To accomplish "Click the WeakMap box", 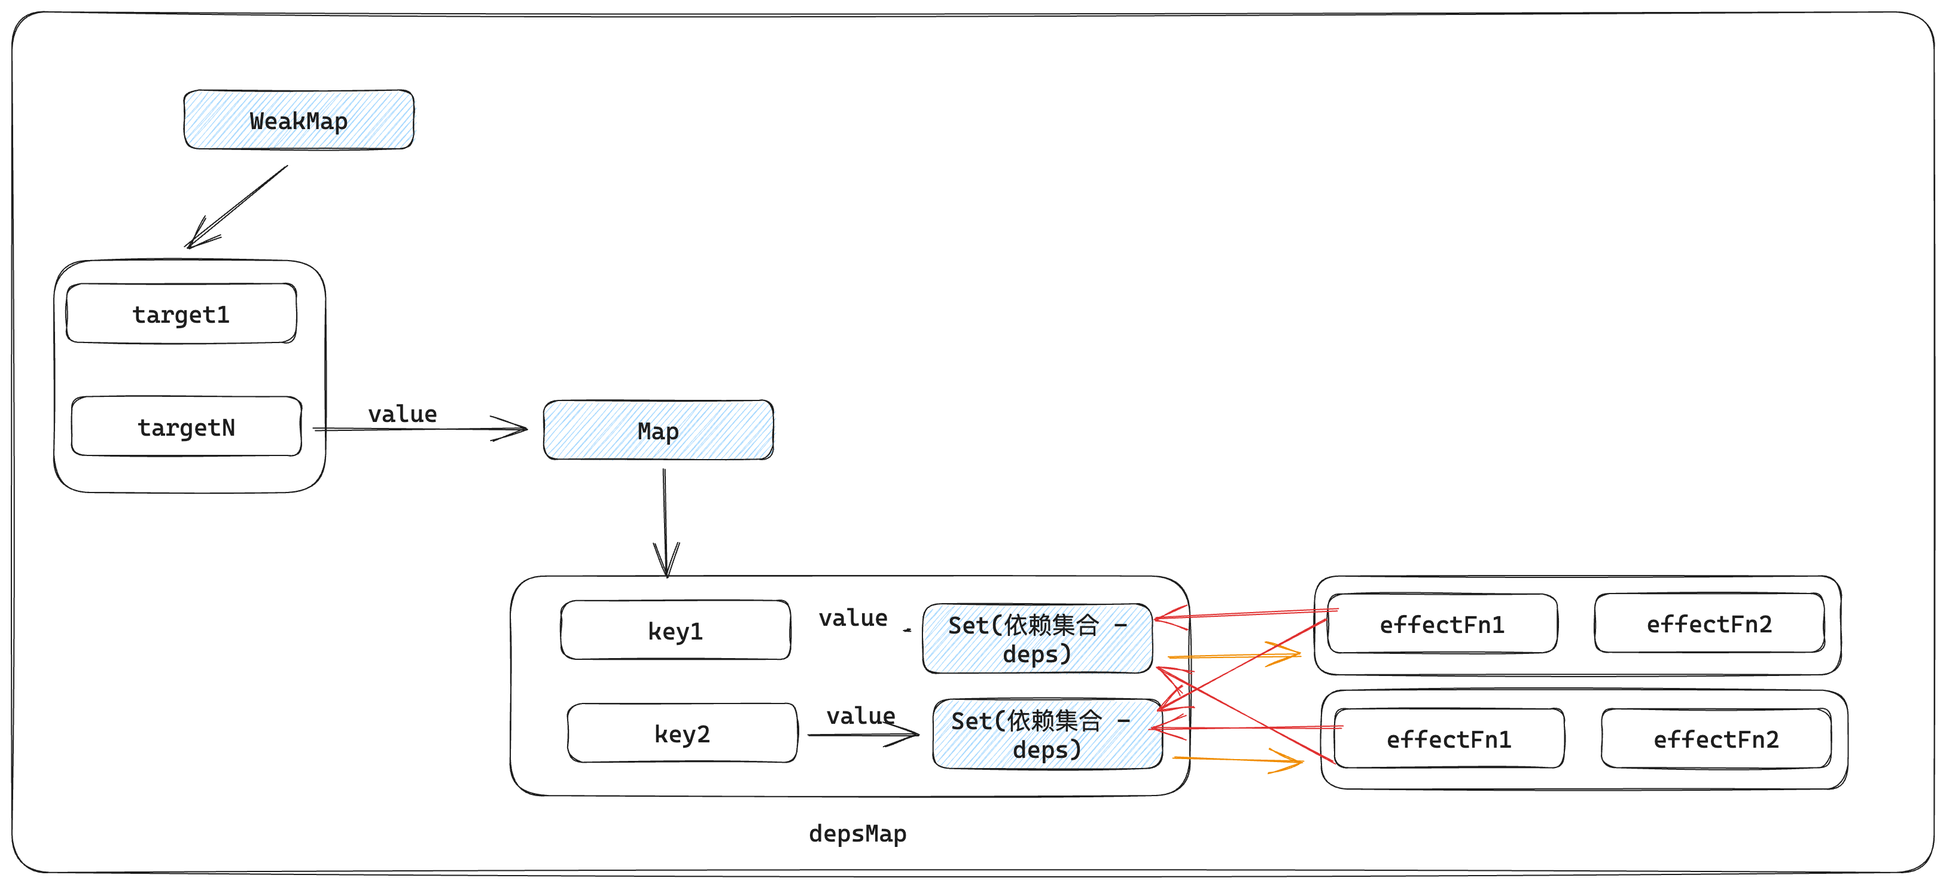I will click(x=299, y=120).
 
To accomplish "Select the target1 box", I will click(x=181, y=313).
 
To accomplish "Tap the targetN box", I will click(x=186, y=427).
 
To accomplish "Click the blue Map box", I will click(x=658, y=430).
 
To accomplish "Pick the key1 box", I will click(x=675, y=631).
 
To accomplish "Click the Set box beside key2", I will click(x=1046, y=735).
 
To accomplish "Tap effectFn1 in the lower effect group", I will click(x=1448, y=739).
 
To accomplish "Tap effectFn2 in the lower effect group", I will click(x=1716, y=739).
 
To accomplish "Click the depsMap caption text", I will click(x=857, y=833).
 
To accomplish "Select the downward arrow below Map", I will click(x=665, y=521).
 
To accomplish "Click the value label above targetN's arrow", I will click(x=402, y=414).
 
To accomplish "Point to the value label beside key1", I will click(x=853, y=617).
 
